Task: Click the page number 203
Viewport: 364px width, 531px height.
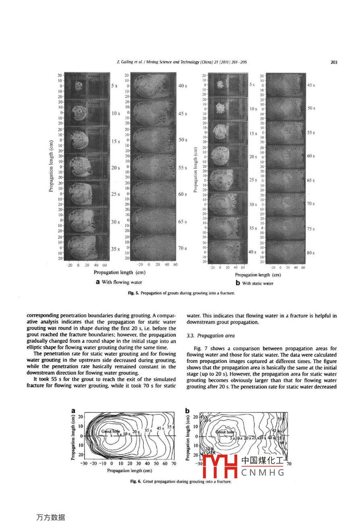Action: [x=333, y=62]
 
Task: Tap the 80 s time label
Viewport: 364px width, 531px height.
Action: [x=310, y=253]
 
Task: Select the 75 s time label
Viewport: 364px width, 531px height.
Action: [x=310, y=229]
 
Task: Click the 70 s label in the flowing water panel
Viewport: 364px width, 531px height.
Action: [x=182, y=248]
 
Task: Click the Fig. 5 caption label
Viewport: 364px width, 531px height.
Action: [x=133, y=293]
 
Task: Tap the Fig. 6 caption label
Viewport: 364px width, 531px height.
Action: [x=136, y=482]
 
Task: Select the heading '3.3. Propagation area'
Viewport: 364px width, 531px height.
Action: [x=210, y=335]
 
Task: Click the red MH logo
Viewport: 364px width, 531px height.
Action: [x=219, y=466]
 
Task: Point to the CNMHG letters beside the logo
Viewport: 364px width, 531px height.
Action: [x=263, y=473]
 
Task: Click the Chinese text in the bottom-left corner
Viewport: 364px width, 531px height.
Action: [x=50, y=517]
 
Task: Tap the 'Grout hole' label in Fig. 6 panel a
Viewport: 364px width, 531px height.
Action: [x=110, y=431]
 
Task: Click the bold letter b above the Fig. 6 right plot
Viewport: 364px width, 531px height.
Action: [x=187, y=410]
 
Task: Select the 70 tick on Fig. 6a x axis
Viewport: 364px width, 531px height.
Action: [x=174, y=463]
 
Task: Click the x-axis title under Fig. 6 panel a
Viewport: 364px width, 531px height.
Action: [x=129, y=471]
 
